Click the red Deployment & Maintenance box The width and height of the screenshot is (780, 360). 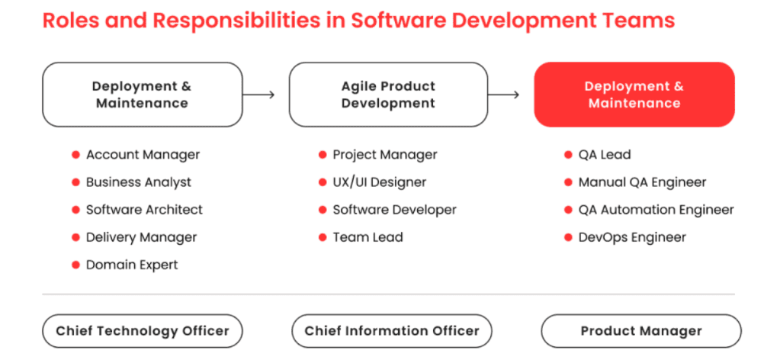[634, 95]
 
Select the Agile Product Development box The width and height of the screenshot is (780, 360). [388, 95]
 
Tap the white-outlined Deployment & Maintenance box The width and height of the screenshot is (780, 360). [143, 95]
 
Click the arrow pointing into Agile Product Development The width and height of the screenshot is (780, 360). [258, 95]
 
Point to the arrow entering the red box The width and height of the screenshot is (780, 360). [504, 95]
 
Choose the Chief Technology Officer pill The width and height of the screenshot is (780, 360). [143, 330]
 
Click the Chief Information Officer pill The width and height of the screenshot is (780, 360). [392, 330]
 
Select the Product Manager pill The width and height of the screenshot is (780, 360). [641, 330]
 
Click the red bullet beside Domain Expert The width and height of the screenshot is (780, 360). [75, 265]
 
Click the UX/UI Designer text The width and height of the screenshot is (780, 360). [380, 182]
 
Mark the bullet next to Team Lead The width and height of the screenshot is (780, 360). [323, 237]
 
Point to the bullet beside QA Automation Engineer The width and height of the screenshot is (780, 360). [568, 210]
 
